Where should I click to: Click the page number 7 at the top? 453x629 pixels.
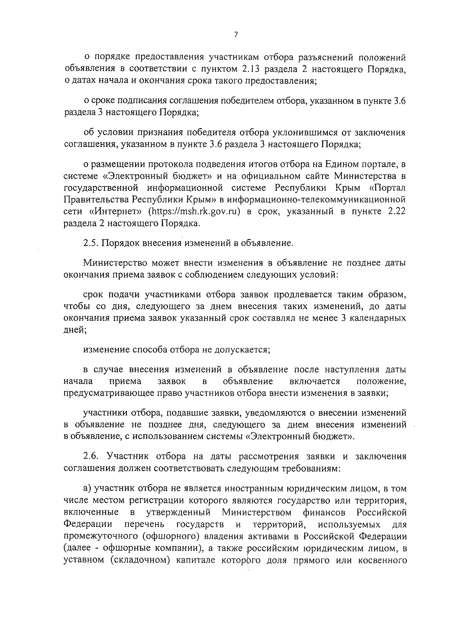(236, 35)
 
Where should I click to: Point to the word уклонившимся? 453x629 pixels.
(299, 133)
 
